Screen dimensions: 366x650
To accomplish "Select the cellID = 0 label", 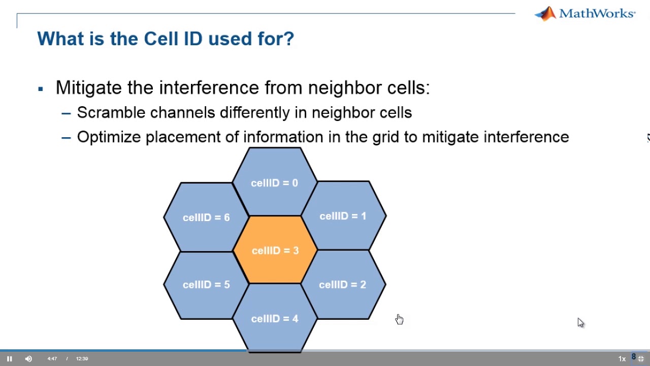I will point(274,183).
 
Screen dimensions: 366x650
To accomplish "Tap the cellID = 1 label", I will point(343,216).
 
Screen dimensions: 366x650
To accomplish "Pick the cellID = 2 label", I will point(342,285).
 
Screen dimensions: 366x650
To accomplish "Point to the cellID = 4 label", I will point(274,319).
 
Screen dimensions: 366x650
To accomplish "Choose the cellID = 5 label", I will point(206,285).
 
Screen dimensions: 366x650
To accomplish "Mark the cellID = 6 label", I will point(206,218).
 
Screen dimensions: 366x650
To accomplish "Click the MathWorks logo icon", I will point(545,14).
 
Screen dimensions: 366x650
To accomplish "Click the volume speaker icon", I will point(28,359).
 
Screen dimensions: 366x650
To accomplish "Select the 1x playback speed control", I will point(622,359).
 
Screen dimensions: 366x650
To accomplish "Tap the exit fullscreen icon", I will point(641,359).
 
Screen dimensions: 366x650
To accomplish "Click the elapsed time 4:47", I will point(52,359).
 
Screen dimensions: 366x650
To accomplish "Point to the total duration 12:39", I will point(82,359).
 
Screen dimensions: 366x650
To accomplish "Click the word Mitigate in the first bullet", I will point(89,88).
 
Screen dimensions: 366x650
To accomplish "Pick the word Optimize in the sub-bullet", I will point(109,137).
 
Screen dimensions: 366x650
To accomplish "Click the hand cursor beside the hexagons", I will point(399,319).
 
